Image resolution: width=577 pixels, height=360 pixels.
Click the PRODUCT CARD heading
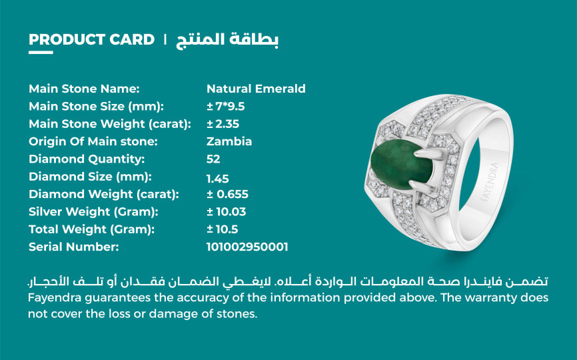pyautogui.click(x=91, y=39)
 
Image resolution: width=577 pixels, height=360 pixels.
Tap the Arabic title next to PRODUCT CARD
pyautogui.click(x=227, y=39)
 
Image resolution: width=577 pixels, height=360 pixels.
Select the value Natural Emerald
pyautogui.click(x=256, y=89)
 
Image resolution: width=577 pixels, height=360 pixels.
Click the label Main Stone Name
pyautogui.click(x=84, y=89)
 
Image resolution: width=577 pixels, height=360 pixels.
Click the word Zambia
pyautogui.click(x=229, y=141)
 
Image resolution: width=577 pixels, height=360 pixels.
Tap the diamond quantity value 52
pyautogui.click(x=213, y=159)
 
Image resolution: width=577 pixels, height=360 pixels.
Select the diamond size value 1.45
pyautogui.click(x=218, y=177)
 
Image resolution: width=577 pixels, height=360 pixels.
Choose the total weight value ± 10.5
pyautogui.click(x=222, y=229)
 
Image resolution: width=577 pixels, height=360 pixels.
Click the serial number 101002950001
pyautogui.click(x=247, y=247)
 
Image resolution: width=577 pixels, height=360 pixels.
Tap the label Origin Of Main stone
pyautogui.click(x=93, y=141)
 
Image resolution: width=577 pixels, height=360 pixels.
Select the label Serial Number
pyautogui.click(x=73, y=247)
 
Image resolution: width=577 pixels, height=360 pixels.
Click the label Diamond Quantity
pyautogui.click(x=87, y=159)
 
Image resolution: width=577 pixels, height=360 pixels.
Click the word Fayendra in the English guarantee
pyautogui.click(x=55, y=297)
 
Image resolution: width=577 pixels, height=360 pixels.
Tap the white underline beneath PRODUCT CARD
pyautogui.click(x=40, y=52)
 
